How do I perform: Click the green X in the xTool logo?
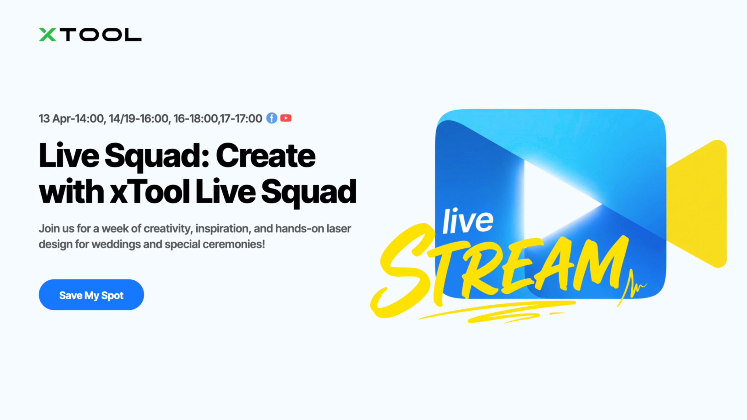click(47, 34)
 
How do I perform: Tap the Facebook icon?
click(272, 118)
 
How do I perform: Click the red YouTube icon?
click(286, 118)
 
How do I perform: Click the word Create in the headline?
click(266, 156)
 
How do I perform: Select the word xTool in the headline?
click(150, 191)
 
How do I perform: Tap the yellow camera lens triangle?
click(697, 204)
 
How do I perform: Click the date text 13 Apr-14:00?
click(71, 118)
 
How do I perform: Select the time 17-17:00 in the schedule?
click(241, 118)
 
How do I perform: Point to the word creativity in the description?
click(168, 229)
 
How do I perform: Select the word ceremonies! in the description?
click(234, 244)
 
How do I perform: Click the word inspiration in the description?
click(223, 229)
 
